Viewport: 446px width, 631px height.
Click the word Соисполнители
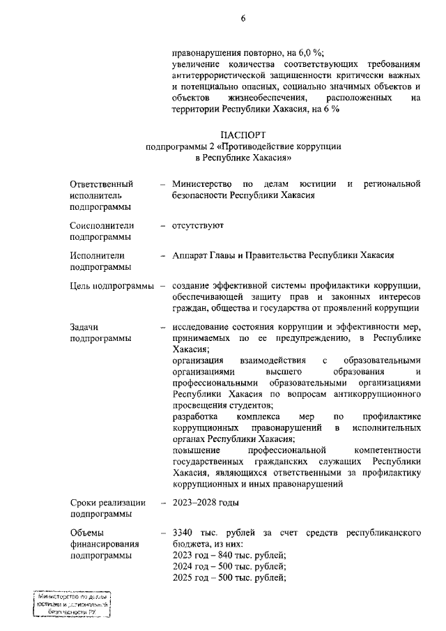click(x=102, y=226)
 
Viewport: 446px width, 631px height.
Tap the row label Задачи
click(x=85, y=327)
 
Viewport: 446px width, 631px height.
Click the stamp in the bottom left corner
click(x=72, y=604)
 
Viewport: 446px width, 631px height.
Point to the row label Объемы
click(x=88, y=533)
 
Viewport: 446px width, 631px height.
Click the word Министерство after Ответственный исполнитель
click(x=203, y=183)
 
